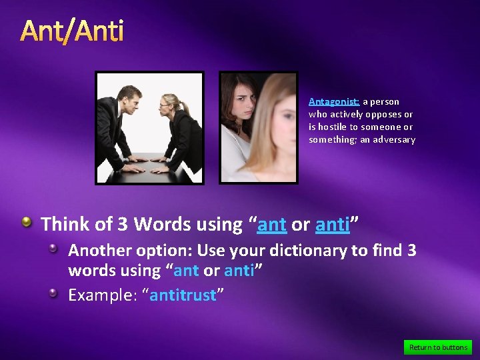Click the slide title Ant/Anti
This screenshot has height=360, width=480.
pyautogui.click(x=72, y=31)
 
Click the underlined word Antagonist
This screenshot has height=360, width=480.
pyautogui.click(x=334, y=102)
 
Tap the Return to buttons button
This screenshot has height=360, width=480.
pyautogui.click(x=438, y=347)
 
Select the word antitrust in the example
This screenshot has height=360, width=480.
pyautogui.click(x=183, y=295)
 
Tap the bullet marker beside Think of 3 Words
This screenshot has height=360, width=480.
pyautogui.click(x=27, y=222)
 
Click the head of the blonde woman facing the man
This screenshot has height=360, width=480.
pyautogui.click(x=169, y=103)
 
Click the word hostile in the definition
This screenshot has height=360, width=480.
pyautogui.click(x=331, y=127)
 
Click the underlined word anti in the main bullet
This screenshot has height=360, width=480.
pyautogui.click(x=332, y=225)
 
